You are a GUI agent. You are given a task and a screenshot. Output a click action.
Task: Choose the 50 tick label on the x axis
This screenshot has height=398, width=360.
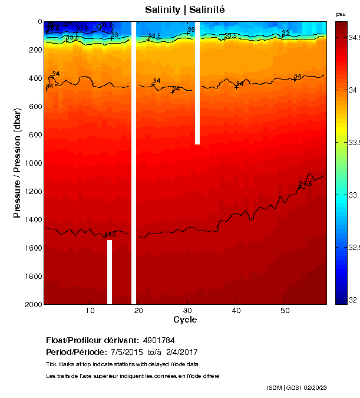(285, 311)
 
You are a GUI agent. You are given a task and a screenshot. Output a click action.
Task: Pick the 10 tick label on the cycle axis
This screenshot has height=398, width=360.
(90, 311)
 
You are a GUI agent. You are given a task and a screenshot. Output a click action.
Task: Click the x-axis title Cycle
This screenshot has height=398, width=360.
(185, 320)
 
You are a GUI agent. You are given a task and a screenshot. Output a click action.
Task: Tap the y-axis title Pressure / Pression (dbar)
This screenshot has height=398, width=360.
(18, 163)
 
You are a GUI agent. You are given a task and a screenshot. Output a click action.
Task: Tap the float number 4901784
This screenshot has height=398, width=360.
(158, 340)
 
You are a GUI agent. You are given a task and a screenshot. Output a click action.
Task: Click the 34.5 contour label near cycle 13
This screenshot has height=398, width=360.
(110, 235)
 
